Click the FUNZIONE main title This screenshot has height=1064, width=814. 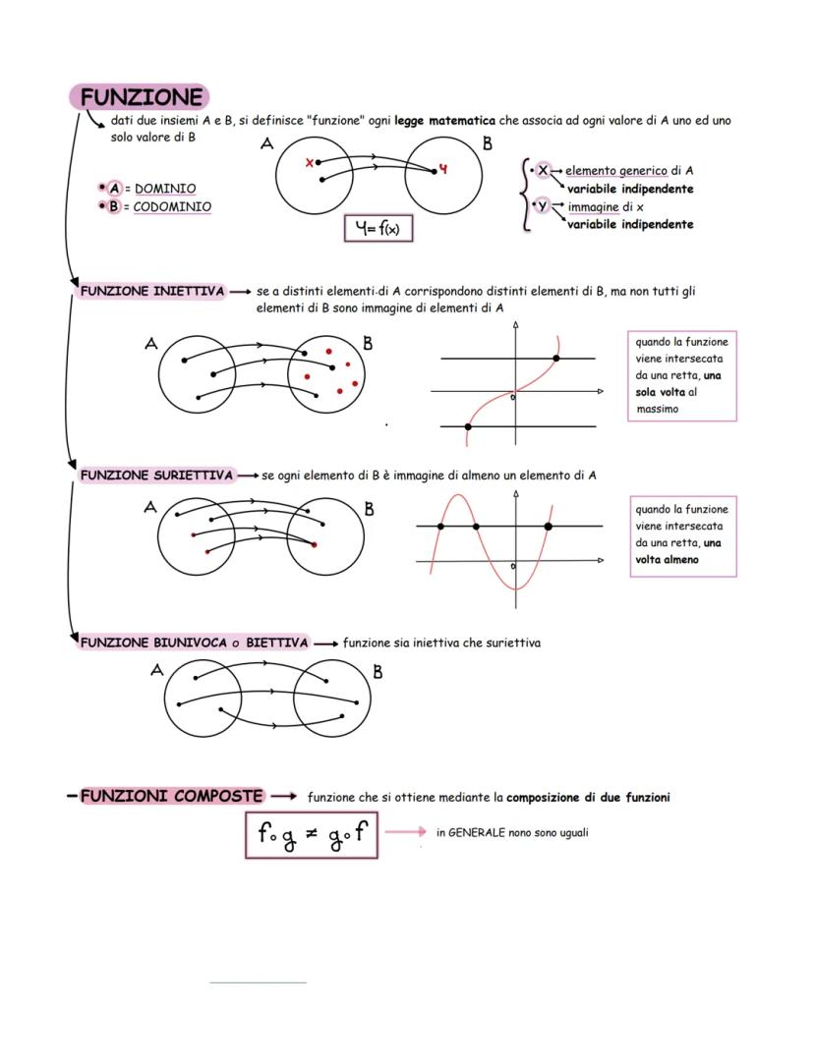click(x=142, y=97)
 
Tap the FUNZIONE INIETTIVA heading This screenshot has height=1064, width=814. click(x=152, y=292)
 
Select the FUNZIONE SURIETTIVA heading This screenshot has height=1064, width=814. click(x=157, y=476)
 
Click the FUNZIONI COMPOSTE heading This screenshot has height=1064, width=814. click(x=172, y=796)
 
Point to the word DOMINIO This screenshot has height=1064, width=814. click(x=165, y=188)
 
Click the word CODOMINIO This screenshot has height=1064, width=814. click(x=172, y=206)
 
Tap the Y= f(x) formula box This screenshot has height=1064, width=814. click(x=378, y=229)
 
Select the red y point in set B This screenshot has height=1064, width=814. click(x=442, y=169)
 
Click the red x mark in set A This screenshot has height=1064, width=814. click(x=310, y=163)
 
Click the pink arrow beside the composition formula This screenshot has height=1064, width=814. click(x=405, y=832)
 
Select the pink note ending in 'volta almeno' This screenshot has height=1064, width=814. click(x=681, y=534)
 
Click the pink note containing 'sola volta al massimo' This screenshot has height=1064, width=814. click(x=681, y=374)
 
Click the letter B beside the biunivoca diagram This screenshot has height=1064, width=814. click(x=378, y=673)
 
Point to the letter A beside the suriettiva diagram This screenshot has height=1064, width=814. click(x=150, y=508)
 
